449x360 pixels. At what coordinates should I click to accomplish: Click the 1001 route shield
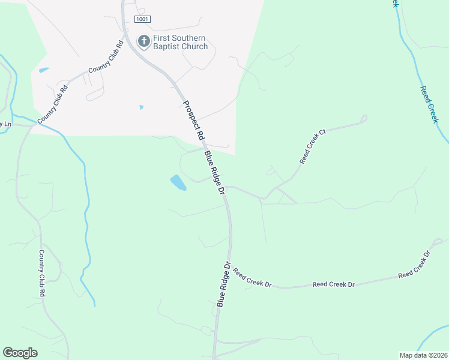tap(142, 19)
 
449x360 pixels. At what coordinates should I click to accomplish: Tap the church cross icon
tap(144, 41)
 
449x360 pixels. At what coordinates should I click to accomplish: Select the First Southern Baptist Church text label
tap(181, 42)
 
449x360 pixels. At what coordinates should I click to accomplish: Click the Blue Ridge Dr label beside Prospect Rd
tap(213, 172)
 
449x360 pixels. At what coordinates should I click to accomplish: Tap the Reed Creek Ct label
tap(312, 146)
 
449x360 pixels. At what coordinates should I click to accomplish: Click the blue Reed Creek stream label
tap(429, 104)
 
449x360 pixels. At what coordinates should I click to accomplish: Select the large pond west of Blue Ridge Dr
tap(178, 182)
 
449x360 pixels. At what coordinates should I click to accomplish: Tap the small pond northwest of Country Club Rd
tap(43, 70)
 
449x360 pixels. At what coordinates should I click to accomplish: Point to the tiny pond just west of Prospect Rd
tap(141, 107)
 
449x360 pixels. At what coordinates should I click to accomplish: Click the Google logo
tap(20, 353)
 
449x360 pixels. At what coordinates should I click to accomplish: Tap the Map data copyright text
tap(423, 355)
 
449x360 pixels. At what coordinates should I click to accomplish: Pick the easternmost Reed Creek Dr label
tap(414, 265)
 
